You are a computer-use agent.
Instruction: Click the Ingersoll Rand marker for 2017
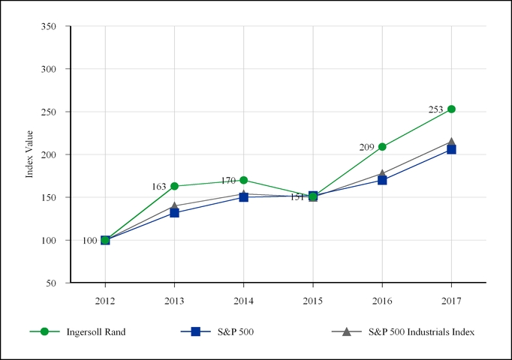click(451, 109)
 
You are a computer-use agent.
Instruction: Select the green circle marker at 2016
click(382, 146)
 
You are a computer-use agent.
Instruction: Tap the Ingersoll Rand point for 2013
click(174, 186)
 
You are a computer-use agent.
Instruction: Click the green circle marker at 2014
click(244, 180)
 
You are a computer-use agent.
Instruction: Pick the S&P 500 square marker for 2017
click(451, 149)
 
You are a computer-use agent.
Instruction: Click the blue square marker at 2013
click(174, 213)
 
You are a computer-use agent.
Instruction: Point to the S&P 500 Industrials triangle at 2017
click(451, 141)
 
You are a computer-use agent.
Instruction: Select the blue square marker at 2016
click(382, 180)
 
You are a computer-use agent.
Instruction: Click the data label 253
click(436, 109)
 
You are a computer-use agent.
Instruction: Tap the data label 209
click(366, 148)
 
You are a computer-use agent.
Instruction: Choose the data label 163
click(158, 186)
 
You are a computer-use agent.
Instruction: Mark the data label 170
click(228, 181)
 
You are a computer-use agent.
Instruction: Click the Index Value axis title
click(30, 154)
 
